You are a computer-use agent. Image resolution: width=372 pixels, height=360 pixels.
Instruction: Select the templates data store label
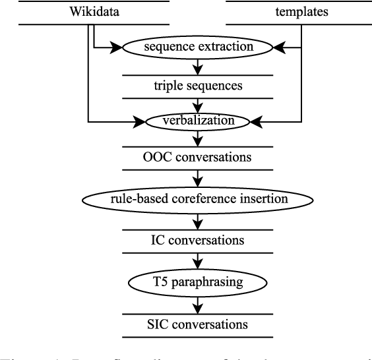tap(291, 11)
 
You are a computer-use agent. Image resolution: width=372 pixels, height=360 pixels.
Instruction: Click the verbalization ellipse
tap(199, 121)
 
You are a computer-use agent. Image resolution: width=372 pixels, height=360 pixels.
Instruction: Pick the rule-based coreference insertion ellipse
tap(199, 197)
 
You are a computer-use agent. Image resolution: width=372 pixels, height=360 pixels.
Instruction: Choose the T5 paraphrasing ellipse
tap(199, 282)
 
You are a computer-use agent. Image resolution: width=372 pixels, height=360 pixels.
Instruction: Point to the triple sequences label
tap(199, 85)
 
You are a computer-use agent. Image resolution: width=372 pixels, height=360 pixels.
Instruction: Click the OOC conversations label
tap(199, 160)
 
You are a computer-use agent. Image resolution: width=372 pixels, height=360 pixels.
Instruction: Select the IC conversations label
tap(199, 239)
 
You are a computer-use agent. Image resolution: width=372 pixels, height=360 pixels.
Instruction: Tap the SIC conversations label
tap(199, 324)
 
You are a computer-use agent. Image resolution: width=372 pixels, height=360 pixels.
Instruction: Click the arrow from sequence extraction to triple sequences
tap(199, 66)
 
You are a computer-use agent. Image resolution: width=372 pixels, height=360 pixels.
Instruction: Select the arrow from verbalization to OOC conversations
tap(199, 139)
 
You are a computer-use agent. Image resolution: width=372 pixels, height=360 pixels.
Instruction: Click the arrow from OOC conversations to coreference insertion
tap(199, 178)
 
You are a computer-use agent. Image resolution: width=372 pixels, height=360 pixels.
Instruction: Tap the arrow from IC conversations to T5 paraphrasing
tap(199, 260)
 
